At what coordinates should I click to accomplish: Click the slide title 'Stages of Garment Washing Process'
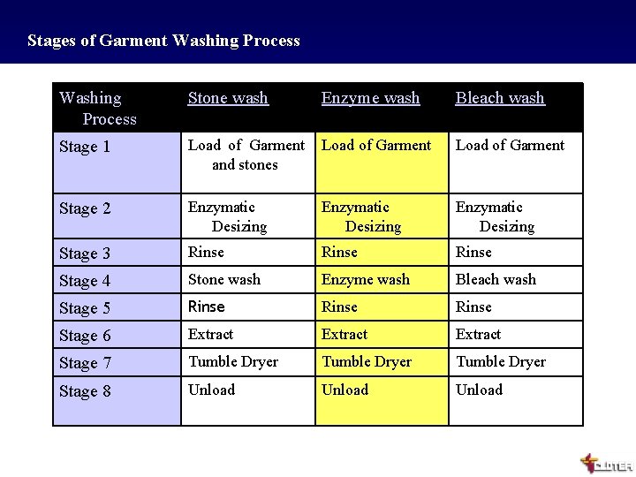click(163, 41)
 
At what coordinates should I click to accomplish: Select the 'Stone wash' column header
click(228, 98)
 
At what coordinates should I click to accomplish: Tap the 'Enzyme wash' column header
click(370, 98)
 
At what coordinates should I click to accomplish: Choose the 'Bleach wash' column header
click(500, 98)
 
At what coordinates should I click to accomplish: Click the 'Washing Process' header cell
click(97, 108)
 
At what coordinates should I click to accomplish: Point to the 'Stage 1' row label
click(85, 147)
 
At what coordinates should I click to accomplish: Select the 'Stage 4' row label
click(85, 281)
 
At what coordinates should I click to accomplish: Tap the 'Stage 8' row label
click(85, 390)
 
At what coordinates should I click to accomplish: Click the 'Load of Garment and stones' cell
click(246, 155)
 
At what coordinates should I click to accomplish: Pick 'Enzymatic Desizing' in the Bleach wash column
click(495, 216)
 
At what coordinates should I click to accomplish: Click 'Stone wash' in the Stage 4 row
click(224, 279)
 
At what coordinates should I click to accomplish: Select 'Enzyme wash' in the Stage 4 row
click(366, 279)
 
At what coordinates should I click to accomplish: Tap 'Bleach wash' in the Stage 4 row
click(496, 279)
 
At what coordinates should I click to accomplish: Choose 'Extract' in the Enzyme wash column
click(344, 334)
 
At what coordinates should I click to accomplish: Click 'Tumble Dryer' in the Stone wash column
click(233, 361)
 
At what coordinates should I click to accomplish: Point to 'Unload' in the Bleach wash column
click(479, 390)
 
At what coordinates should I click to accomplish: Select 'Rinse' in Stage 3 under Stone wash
click(206, 252)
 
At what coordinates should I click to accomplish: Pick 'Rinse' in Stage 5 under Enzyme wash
click(339, 307)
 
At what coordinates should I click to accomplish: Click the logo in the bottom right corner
click(605, 463)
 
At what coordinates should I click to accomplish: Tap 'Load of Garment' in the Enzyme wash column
click(376, 145)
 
